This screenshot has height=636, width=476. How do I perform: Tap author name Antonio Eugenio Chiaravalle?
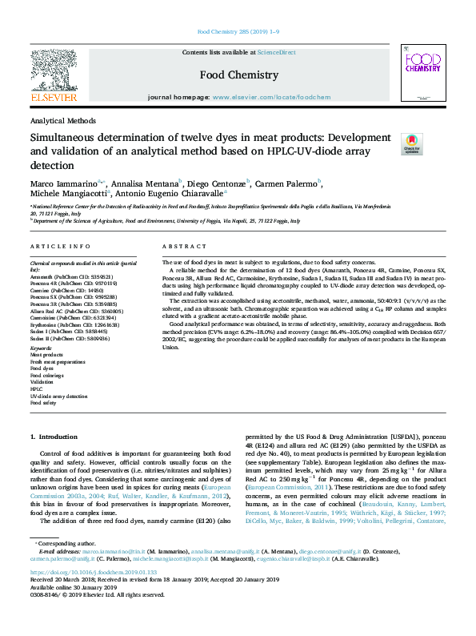pyautogui.click(x=172, y=194)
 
